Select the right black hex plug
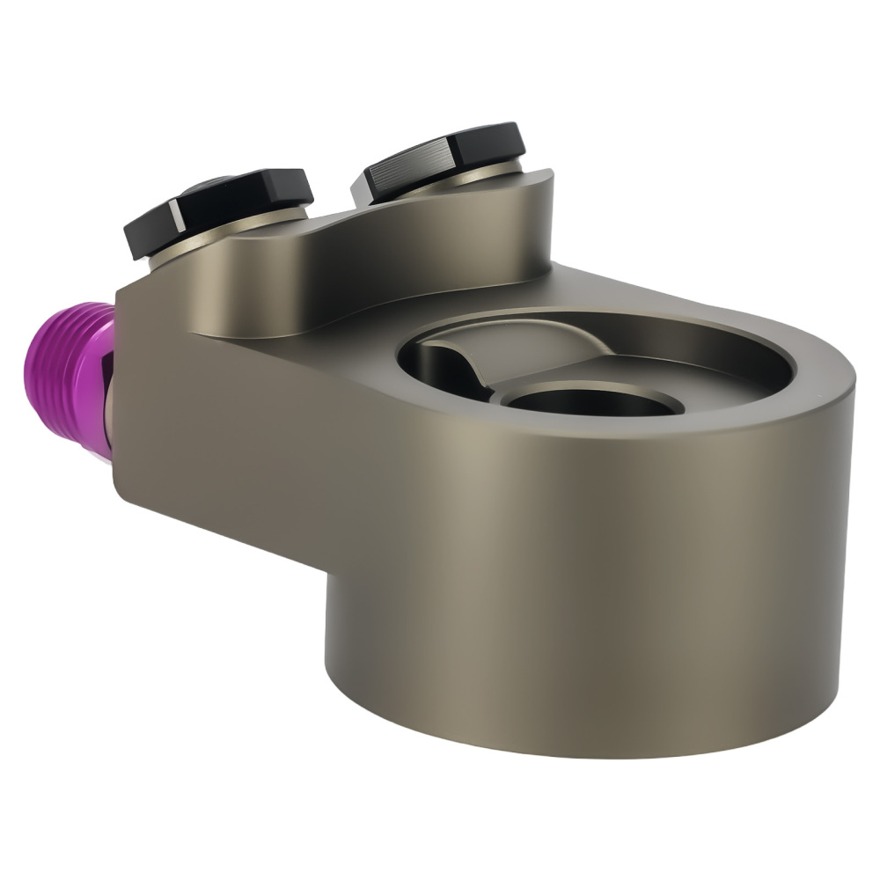click(x=440, y=158)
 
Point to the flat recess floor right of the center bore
click(x=722, y=383)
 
